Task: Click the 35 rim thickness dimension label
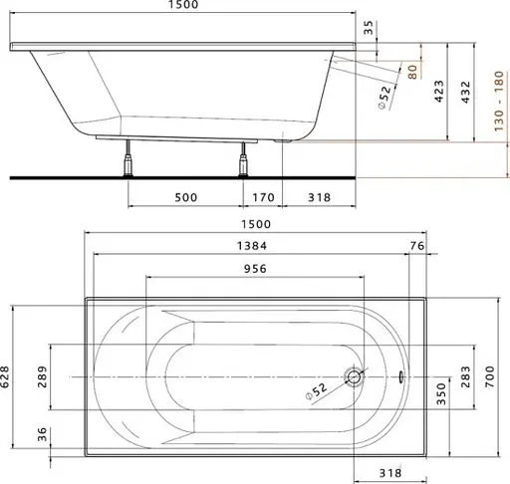click(369, 28)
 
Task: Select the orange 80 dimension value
click(412, 72)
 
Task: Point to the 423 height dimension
click(439, 91)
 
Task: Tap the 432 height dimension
click(466, 92)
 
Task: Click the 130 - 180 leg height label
click(499, 101)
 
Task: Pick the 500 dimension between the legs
click(186, 197)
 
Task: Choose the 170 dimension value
click(263, 197)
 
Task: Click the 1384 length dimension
click(252, 246)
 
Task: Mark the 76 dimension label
click(417, 246)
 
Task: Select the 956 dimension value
click(255, 268)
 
